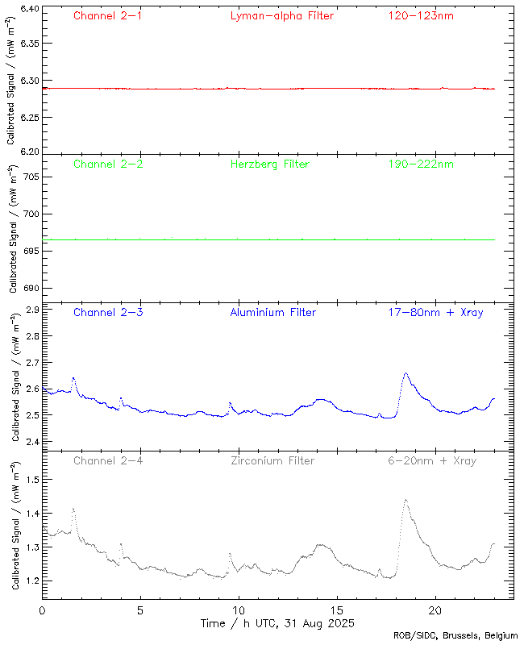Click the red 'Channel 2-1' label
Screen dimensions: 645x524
point(108,16)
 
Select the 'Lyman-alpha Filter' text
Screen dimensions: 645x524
point(281,16)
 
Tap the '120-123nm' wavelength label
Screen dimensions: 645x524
point(420,16)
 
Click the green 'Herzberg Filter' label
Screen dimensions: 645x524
point(269,164)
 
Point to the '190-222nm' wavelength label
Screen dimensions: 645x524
point(420,164)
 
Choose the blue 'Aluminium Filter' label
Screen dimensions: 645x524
point(272,313)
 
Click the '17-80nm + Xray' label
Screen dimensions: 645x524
point(435,313)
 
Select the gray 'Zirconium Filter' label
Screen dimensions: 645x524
point(272,461)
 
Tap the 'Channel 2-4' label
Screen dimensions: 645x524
point(108,461)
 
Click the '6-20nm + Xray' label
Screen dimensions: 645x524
point(431,461)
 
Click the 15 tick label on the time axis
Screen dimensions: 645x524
point(337,611)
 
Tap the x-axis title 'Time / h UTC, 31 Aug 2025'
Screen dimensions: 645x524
point(277,624)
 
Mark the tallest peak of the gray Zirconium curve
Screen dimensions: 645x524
point(405,500)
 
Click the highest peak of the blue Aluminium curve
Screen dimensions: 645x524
point(405,373)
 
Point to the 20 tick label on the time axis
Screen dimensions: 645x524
point(435,611)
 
